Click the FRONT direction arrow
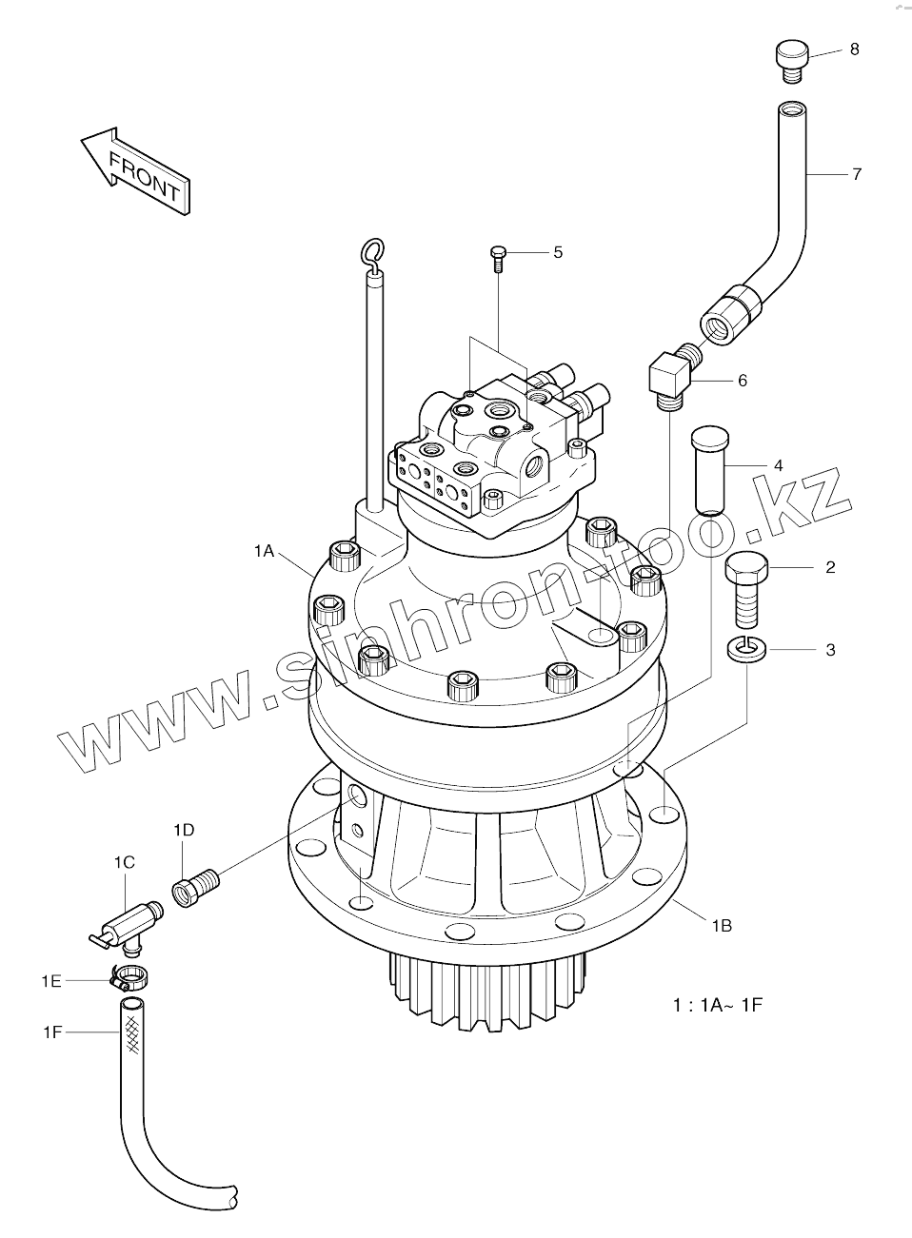point(136,168)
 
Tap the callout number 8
point(854,49)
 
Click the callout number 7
point(857,174)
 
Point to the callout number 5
point(558,252)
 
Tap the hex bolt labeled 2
point(745,586)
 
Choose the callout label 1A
point(265,550)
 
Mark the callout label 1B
point(721,923)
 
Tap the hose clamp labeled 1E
point(128,974)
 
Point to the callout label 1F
point(52,1031)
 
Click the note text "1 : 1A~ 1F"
point(718,1004)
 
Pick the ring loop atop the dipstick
point(371,252)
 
